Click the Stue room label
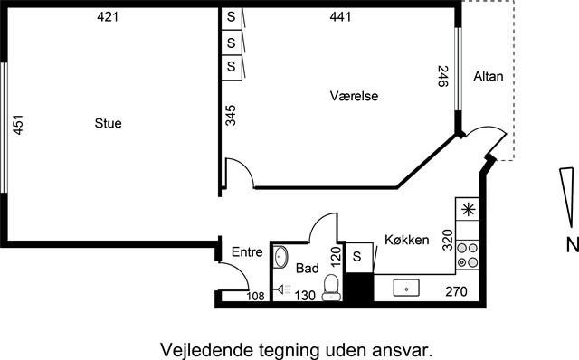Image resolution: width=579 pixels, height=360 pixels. [x=108, y=123]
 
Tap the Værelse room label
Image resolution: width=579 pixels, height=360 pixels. [x=354, y=96]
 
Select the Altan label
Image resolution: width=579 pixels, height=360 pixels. [x=489, y=76]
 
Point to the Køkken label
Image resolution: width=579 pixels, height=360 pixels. [x=406, y=240]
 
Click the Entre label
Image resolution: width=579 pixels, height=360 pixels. [x=247, y=251]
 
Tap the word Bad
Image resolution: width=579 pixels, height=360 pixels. [x=308, y=268]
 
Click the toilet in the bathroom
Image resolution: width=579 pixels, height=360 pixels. [x=331, y=288]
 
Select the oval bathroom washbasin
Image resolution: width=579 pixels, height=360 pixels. [x=281, y=257]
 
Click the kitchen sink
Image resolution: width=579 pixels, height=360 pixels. [x=406, y=288]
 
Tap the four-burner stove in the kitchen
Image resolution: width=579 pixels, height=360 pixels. [x=467, y=255]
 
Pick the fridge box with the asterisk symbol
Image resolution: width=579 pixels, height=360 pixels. [x=468, y=209]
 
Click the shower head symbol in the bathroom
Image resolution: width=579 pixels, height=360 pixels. [x=283, y=289]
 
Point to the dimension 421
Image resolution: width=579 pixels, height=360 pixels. [x=108, y=16]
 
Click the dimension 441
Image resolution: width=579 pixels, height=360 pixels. [x=340, y=16]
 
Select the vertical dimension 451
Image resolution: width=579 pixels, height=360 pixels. [x=18, y=125]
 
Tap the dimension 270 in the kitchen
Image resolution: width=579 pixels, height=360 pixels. [x=456, y=291]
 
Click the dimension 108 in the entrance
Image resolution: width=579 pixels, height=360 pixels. [x=255, y=296]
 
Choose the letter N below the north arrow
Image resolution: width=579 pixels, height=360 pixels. [x=573, y=245]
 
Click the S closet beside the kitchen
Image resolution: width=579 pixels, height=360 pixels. [x=356, y=256]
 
